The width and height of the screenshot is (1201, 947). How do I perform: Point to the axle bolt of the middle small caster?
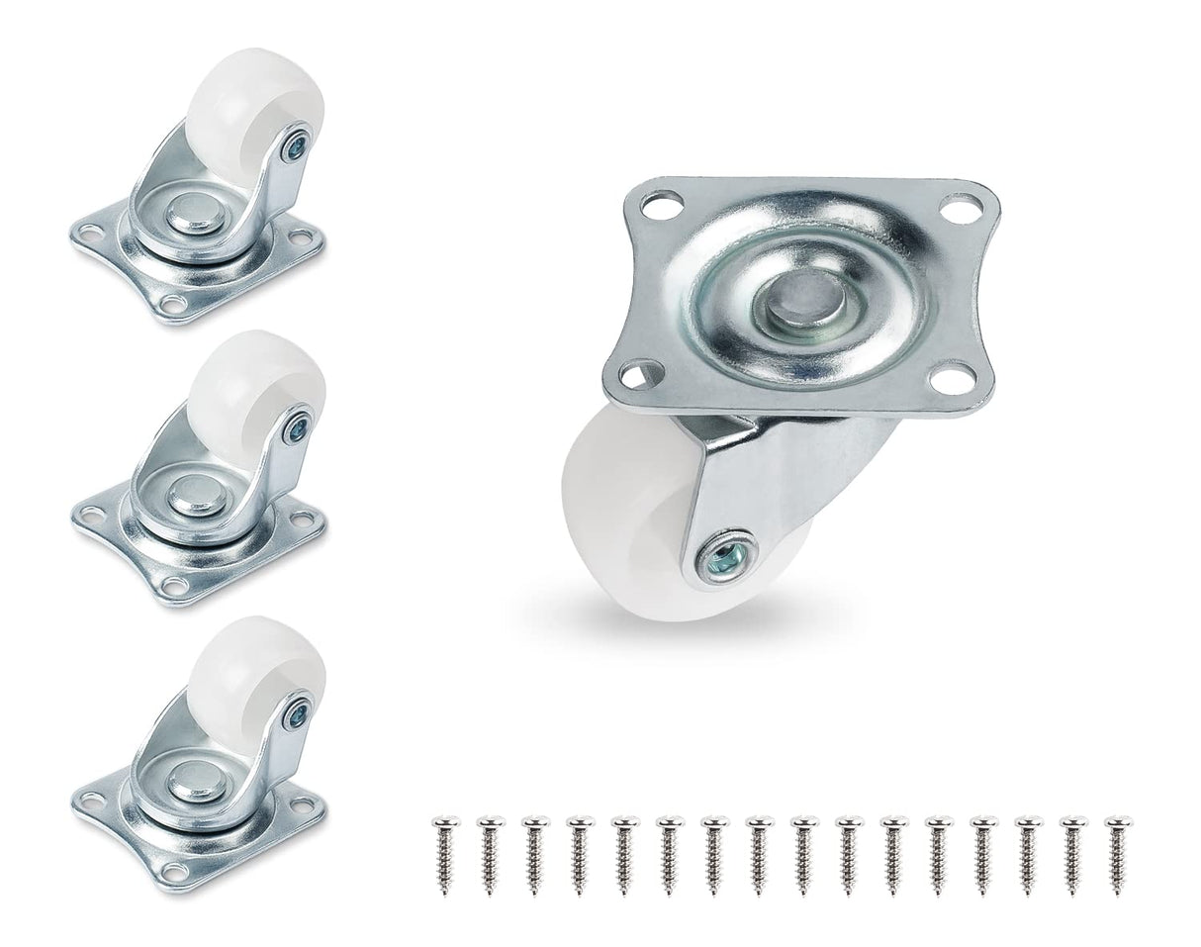coord(296,427)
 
